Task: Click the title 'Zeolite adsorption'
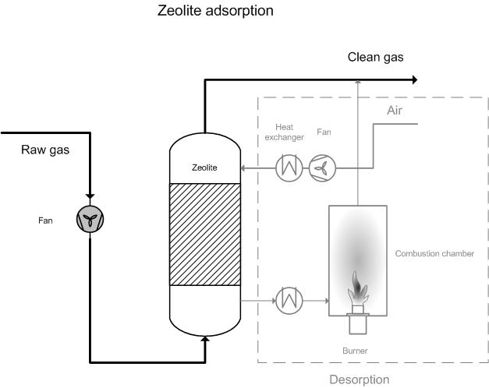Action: click(x=215, y=11)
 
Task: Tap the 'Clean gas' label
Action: click(x=375, y=58)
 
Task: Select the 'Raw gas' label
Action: click(x=45, y=150)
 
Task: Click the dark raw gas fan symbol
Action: click(x=90, y=219)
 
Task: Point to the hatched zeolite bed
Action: click(x=205, y=235)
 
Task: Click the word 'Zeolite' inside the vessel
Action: click(x=204, y=168)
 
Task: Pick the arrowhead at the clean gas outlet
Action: click(x=415, y=80)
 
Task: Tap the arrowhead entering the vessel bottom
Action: click(x=205, y=339)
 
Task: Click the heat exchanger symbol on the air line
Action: click(x=289, y=168)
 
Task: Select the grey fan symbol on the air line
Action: click(x=322, y=168)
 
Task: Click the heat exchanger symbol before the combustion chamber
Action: click(x=289, y=301)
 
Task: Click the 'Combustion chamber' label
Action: click(x=434, y=254)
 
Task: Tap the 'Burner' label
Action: click(x=355, y=351)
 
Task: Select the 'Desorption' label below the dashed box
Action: click(x=360, y=380)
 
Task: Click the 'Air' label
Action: click(x=395, y=111)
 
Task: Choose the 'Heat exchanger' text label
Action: click(x=284, y=132)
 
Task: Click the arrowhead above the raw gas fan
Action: click(x=90, y=196)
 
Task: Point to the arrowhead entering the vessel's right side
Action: click(x=243, y=168)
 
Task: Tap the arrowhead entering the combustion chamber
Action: click(x=327, y=301)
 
